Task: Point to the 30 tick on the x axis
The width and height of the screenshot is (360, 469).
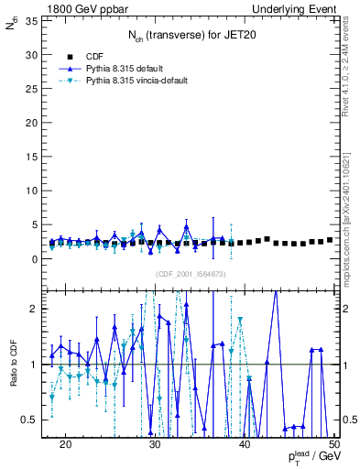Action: [155, 444]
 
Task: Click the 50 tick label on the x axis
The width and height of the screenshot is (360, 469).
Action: [334, 444]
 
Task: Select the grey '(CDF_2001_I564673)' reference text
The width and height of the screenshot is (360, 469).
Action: [190, 274]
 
